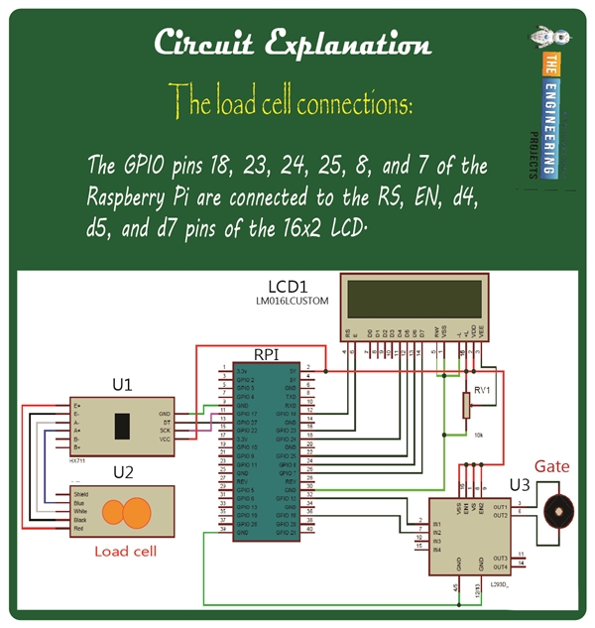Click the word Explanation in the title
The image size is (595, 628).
[x=348, y=45]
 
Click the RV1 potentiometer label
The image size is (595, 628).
[x=484, y=389]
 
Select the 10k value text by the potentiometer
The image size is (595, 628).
[x=480, y=436]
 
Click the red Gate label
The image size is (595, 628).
[x=552, y=465]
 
